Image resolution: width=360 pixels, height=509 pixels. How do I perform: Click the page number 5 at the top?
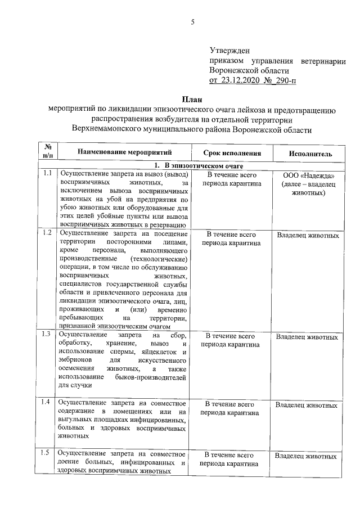pyautogui.click(x=192, y=22)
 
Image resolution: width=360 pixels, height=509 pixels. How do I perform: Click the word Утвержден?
pyautogui.click(x=229, y=51)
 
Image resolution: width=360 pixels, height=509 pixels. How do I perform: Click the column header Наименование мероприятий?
pyautogui.click(x=124, y=152)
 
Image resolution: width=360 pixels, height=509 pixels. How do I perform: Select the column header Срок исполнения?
pyautogui.click(x=231, y=153)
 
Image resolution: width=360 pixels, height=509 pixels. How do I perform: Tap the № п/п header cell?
pyautogui.click(x=47, y=152)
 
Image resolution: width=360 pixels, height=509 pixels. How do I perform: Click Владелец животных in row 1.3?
pyautogui.click(x=307, y=337)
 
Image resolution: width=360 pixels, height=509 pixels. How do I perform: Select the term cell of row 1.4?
pyautogui.click(x=231, y=408)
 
